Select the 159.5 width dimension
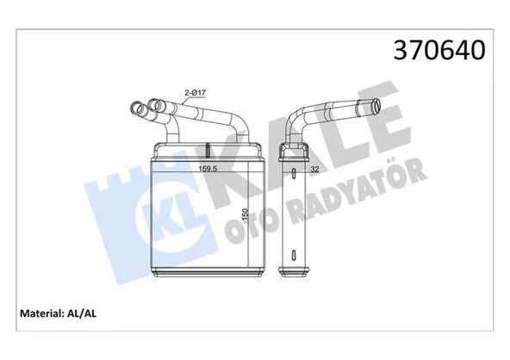tap(208, 169)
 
